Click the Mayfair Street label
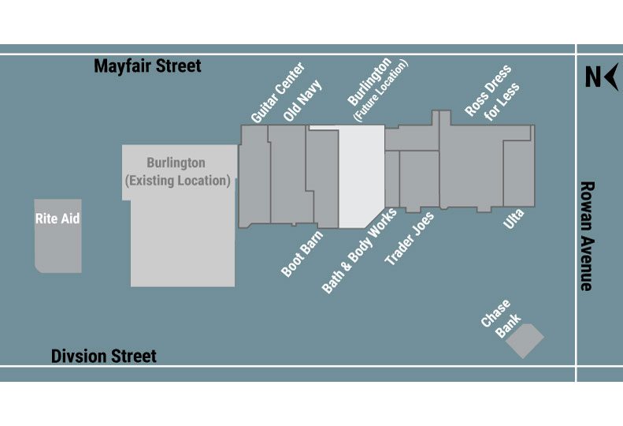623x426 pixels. (147, 66)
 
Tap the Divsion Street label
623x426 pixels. (104, 357)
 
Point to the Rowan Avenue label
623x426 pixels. (586, 236)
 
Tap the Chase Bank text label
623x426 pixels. (496, 317)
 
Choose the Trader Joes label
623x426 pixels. (409, 239)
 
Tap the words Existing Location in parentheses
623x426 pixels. (178, 181)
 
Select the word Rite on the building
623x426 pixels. (46, 219)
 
